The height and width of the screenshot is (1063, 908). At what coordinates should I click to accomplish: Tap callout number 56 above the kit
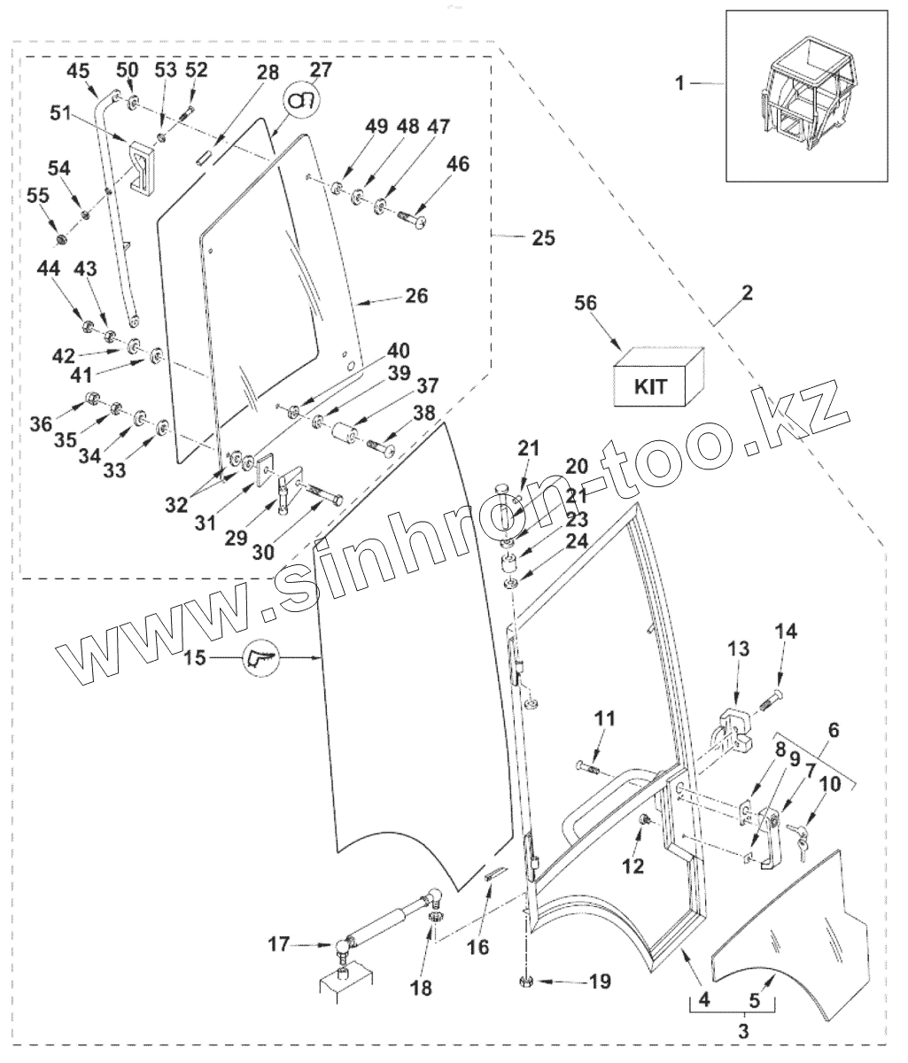586,302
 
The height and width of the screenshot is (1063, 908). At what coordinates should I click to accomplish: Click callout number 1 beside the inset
679,84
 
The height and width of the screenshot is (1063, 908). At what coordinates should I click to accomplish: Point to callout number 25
543,237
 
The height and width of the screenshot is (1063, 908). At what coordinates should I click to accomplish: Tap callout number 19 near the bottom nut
601,982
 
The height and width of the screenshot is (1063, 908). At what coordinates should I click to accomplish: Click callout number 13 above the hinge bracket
738,649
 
